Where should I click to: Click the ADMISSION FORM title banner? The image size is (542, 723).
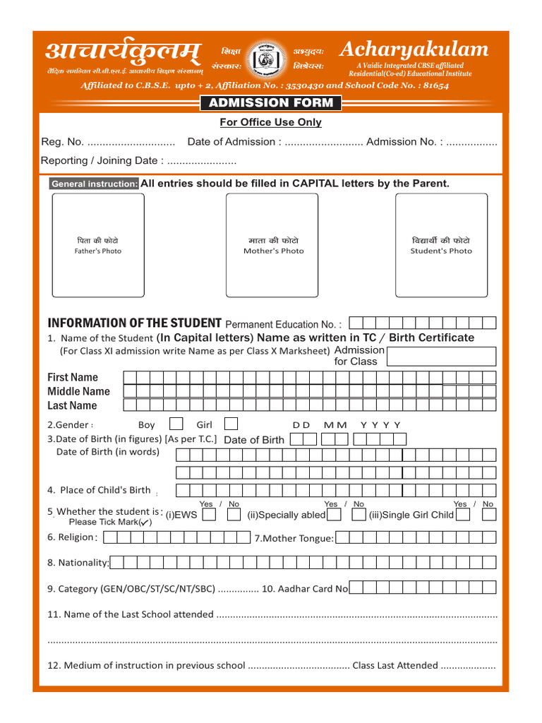(x=271, y=103)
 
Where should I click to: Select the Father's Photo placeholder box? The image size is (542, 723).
(x=98, y=245)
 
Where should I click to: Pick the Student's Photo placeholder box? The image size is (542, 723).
(x=441, y=245)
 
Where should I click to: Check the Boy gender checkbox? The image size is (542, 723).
(x=176, y=424)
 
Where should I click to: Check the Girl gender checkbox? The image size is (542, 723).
(x=231, y=424)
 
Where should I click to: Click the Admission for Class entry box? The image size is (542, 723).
(x=442, y=356)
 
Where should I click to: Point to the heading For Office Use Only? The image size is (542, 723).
(x=271, y=122)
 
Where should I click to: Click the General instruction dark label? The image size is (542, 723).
(x=95, y=184)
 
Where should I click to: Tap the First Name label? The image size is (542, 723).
(x=73, y=377)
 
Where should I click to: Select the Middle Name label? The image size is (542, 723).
(x=78, y=391)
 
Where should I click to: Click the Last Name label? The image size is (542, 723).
(x=72, y=405)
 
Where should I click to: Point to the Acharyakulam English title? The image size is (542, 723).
(x=414, y=49)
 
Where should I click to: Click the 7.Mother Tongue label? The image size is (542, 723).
(x=294, y=539)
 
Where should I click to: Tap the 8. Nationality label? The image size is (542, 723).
(x=78, y=563)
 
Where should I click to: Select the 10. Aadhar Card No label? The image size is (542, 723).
(x=305, y=588)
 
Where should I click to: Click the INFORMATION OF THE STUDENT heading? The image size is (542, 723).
(x=134, y=323)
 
